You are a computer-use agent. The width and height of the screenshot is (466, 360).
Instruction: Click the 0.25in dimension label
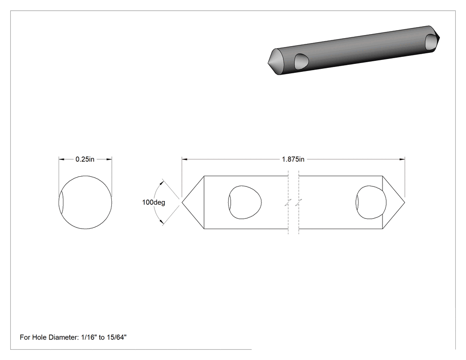tap(85, 159)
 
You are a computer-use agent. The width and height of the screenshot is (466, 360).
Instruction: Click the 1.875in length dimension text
tap(293, 159)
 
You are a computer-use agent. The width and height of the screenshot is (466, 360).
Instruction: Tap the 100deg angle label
tap(154, 202)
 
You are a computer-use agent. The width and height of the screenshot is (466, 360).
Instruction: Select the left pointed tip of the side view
tap(182, 202)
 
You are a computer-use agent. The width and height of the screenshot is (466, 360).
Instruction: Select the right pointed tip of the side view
tap(404, 202)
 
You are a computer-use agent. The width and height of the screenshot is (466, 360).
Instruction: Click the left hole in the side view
tap(245, 202)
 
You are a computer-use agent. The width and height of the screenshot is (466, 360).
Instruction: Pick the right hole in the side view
tap(371, 202)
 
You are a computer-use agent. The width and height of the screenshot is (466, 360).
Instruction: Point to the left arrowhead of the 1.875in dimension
tap(185, 159)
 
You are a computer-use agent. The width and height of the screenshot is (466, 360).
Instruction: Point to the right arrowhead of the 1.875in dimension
tap(402, 159)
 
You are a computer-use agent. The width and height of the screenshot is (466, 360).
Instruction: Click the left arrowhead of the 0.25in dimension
tap(62, 159)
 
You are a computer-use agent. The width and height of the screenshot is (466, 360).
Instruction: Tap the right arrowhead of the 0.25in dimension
tap(109, 159)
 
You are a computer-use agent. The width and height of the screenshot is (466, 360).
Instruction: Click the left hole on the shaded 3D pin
tap(301, 62)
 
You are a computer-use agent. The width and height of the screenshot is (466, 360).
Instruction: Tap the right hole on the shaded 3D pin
tap(431, 42)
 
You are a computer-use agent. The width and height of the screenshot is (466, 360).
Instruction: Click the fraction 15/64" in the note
tap(116, 337)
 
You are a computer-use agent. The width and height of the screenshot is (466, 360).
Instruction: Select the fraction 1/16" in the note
tap(89, 337)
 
